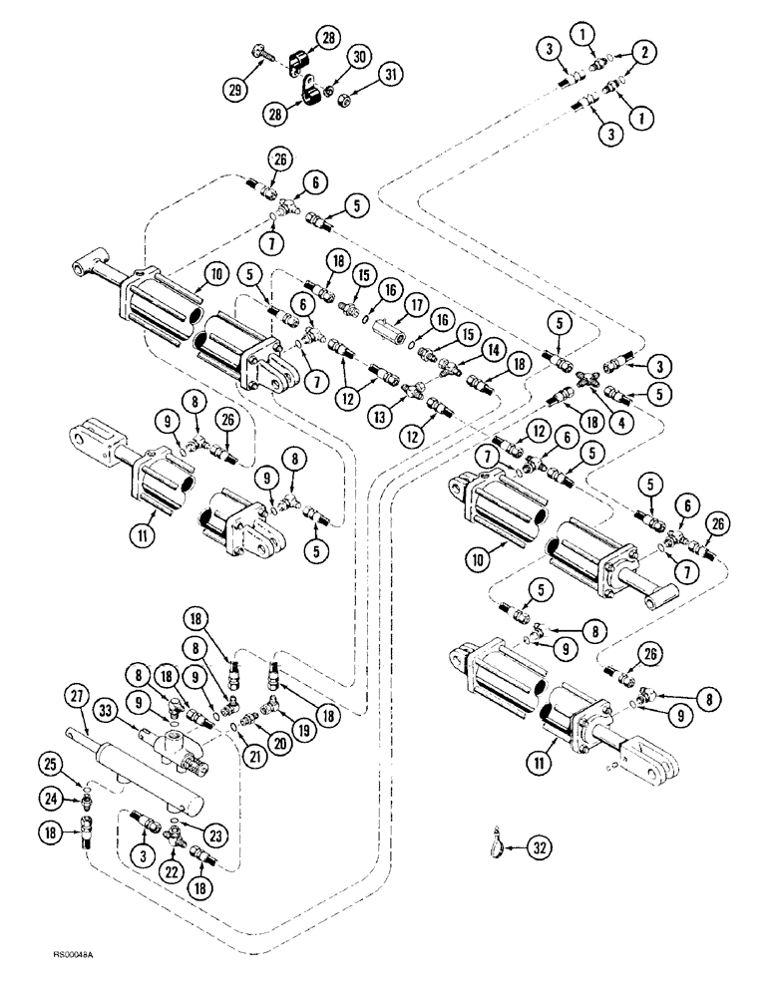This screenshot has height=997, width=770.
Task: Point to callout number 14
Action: coord(491,351)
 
